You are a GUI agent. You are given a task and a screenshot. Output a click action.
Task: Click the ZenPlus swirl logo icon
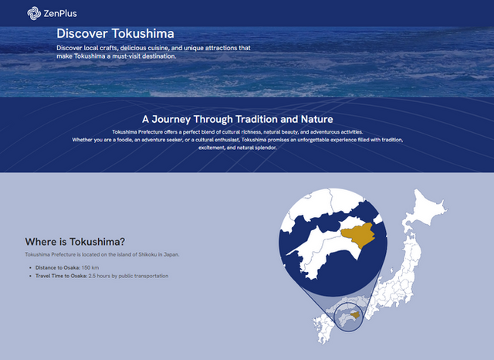point(34,14)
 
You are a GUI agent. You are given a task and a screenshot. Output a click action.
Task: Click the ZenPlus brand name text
point(60,14)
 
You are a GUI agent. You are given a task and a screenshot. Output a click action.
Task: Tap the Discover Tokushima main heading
point(115,34)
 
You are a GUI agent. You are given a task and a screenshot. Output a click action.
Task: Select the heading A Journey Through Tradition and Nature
point(237,119)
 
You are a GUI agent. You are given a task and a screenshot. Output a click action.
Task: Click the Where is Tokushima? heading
point(75,242)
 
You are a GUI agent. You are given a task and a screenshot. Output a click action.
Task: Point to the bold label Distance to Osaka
point(58,267)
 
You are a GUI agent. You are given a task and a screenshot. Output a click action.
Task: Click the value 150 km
point(90,267)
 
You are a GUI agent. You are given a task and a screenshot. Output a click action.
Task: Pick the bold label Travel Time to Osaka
point(61,276)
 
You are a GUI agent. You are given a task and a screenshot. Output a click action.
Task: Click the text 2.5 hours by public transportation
point(128,276)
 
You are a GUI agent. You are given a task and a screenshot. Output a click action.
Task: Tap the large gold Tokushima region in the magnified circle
point(359,236)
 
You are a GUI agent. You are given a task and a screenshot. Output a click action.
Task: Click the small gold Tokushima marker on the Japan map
point(355,315)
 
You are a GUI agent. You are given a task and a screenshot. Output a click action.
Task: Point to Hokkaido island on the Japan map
point(425,208)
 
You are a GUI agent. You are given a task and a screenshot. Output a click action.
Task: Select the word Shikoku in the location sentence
point(147,254)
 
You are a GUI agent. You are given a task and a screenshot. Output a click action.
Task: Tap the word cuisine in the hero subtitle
point(160,48)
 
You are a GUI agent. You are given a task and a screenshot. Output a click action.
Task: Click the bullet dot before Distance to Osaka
point(31,268)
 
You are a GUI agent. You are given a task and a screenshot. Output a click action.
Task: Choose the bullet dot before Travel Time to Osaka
point(31,276)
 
